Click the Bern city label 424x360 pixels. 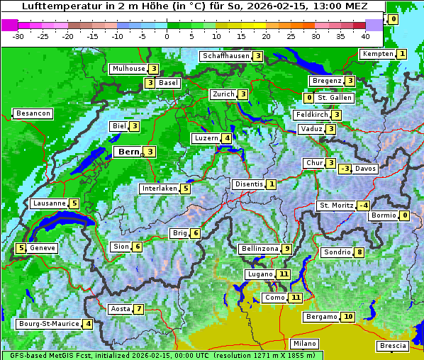128,152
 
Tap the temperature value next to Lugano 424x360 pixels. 284,274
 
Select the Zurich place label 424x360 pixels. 223,94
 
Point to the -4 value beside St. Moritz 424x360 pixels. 363,206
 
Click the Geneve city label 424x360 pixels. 43,248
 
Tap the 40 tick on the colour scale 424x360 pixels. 365,35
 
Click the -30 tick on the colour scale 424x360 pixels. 18,35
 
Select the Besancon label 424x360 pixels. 33,113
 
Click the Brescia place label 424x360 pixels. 393,346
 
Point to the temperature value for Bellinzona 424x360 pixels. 286,249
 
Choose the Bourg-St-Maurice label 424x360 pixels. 48,324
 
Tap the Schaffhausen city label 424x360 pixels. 225,56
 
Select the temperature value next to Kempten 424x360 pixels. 401,54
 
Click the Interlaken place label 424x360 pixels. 159,189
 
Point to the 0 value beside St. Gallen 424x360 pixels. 308,98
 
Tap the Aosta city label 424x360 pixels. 121,309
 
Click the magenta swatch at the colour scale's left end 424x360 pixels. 9,25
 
